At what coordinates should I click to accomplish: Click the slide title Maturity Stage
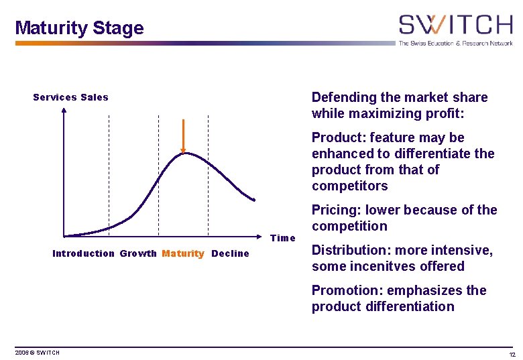[79, 28]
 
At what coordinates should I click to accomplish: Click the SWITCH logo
[455, 25]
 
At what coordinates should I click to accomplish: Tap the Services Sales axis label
[70, 97]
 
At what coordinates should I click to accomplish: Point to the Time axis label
[282, 238]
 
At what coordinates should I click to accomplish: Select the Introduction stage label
[83, 253]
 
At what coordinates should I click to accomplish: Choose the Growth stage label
[138, 253]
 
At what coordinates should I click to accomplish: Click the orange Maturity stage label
[183, 253]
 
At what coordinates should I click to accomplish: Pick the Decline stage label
[230, 253]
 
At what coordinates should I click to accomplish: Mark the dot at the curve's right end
[254, 199]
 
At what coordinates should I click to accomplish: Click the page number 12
[512, 353]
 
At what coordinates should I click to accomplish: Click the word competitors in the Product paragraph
[349, 186]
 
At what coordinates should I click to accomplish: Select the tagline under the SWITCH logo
[455, 43]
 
